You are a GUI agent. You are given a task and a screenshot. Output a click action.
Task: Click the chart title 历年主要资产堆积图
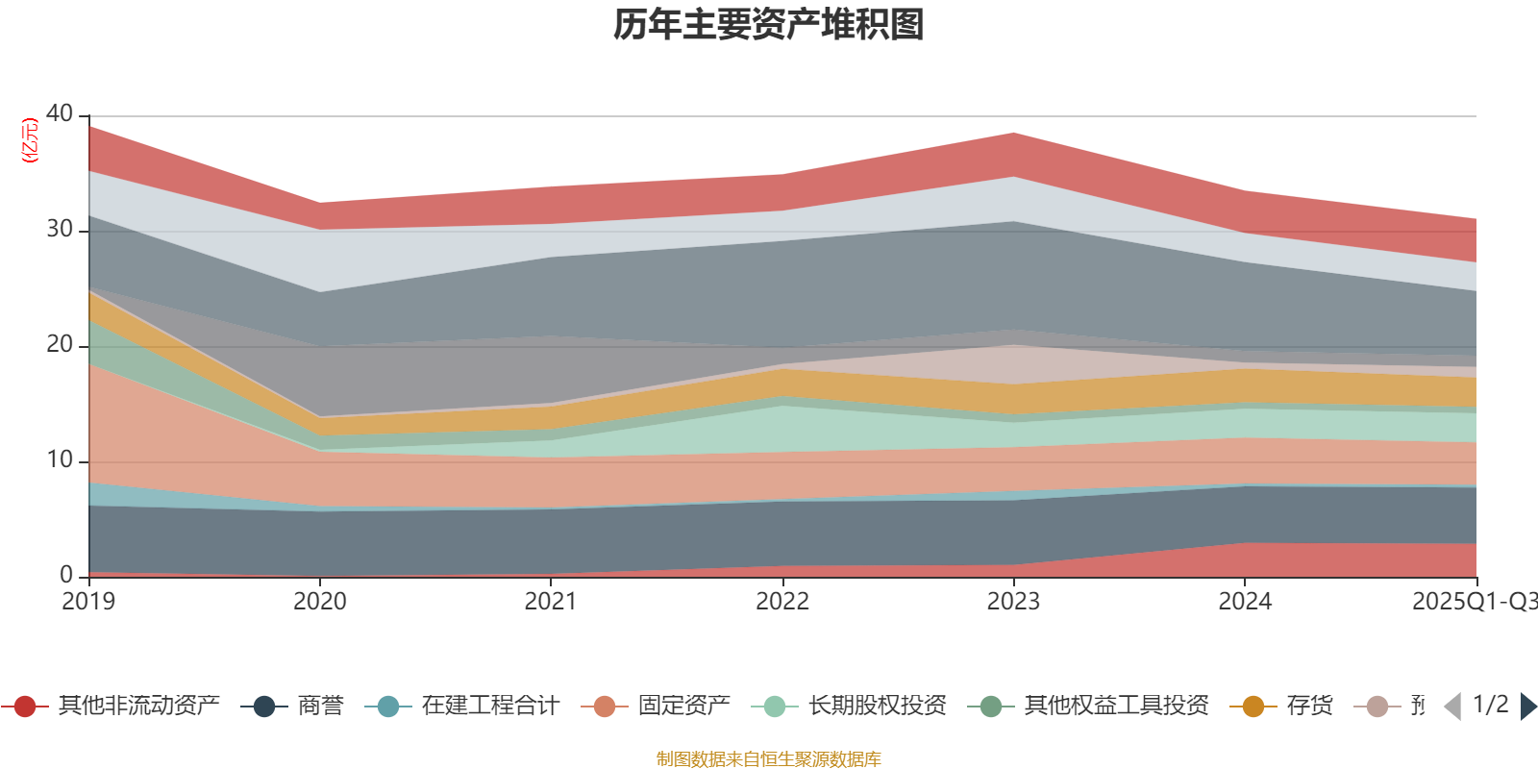click(x=769, y=25)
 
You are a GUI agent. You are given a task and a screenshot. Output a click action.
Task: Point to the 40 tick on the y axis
click(x=60, y=113)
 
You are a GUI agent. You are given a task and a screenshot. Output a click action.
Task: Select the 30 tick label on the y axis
click(x=60, y=229)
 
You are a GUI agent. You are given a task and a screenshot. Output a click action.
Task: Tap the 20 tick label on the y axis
click(x=60, y=344)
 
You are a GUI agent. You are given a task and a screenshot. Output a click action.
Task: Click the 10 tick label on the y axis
click(x=60, y=459)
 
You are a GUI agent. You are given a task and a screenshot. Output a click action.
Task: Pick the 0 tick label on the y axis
click(x=66, y=575)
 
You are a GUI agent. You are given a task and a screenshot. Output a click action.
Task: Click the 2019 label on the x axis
click(x=88, y=602)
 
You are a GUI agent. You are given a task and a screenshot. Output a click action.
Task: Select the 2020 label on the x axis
click(x=320, y=602)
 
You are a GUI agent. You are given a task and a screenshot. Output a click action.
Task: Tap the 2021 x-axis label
click(x=551, y=602)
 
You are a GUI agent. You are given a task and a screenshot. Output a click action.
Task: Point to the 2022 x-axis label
click(x=782, y=602)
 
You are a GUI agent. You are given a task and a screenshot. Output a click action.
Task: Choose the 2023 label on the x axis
click(x=1013, y=602)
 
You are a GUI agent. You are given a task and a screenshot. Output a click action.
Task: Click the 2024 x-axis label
click(x=1245, y=602)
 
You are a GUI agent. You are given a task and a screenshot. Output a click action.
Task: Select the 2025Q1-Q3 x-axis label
click(x=1474, y=602)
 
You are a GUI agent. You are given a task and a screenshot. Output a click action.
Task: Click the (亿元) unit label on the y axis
click(x=30, y=140)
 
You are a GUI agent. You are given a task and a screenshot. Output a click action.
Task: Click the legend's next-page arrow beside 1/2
click(x=1527, y=707)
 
